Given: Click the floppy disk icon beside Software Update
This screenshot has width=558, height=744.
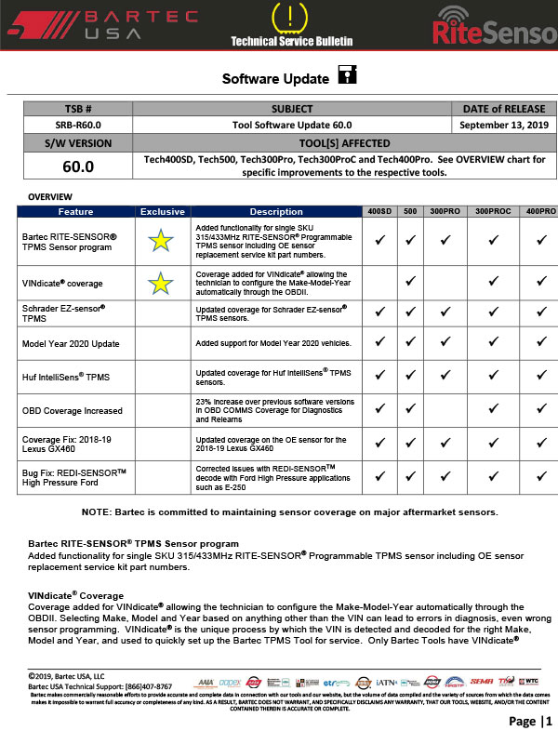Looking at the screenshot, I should (x=346, y=75).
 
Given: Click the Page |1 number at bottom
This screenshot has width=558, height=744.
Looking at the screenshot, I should (x=522, y=722).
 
